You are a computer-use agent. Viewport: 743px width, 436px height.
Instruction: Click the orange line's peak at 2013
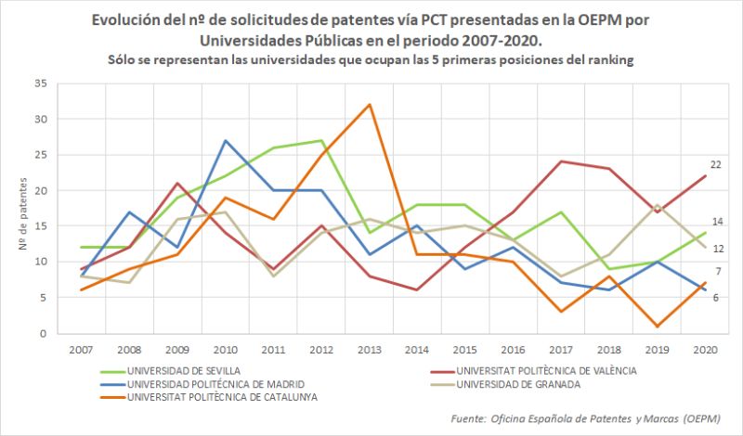(x=370, y=104)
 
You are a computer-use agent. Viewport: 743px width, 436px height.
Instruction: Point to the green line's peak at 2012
(x=321, y=140)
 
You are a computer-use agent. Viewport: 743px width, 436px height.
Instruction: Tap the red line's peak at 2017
(x=563, y=161)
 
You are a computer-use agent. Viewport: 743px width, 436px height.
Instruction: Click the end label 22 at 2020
(x=716, y=164)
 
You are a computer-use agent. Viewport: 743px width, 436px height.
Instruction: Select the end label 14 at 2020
(x=716, y=222)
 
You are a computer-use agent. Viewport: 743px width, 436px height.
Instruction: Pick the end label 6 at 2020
(x=716, y=298)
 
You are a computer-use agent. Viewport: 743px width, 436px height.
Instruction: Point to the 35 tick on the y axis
(x=39, y=83)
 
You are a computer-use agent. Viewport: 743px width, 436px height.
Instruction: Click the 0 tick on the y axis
(x=42, y=333)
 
